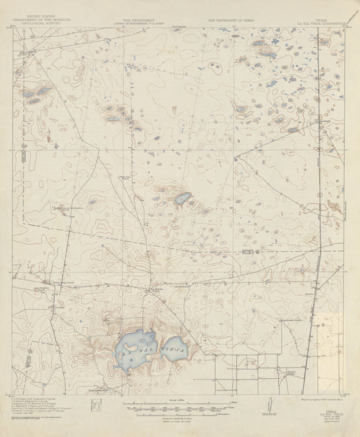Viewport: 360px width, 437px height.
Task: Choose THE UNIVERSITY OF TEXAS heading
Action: [227, 21]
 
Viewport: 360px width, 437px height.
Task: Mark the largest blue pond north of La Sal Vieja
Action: [182, 198]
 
